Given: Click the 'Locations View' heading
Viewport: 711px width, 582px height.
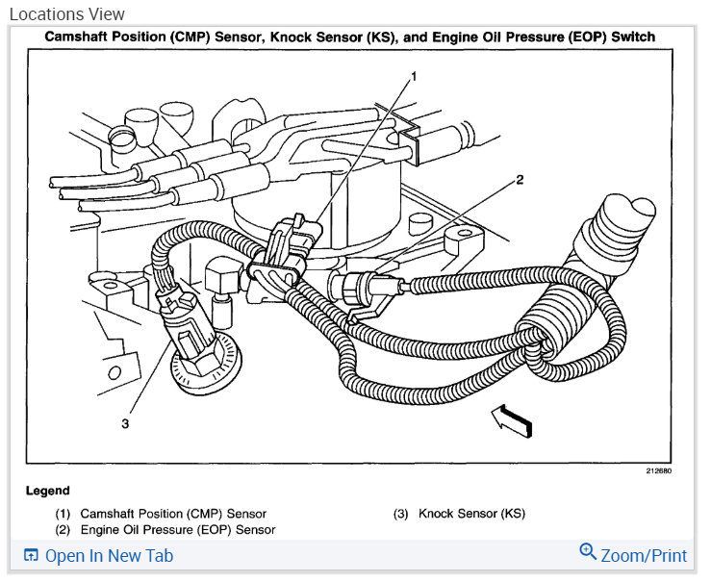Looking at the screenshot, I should tap(66, 14).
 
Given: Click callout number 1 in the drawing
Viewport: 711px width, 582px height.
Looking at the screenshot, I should tap(414, 76).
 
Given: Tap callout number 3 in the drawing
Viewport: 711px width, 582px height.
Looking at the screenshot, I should tap(124, 421).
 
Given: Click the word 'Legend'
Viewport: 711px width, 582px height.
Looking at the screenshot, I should tap(47, 491).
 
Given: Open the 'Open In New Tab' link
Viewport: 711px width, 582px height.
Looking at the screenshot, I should tap(109, 556).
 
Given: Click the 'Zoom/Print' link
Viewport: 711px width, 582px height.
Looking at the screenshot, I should tap(644, 556).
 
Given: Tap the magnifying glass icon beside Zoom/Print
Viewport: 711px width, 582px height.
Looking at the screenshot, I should tap(588, 552).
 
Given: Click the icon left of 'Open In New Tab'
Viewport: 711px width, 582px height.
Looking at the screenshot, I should tap(31, 556).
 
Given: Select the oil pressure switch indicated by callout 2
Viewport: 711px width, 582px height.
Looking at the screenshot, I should tap(361, 285).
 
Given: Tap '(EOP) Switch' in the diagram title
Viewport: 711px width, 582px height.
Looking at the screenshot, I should tap(610, 38).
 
